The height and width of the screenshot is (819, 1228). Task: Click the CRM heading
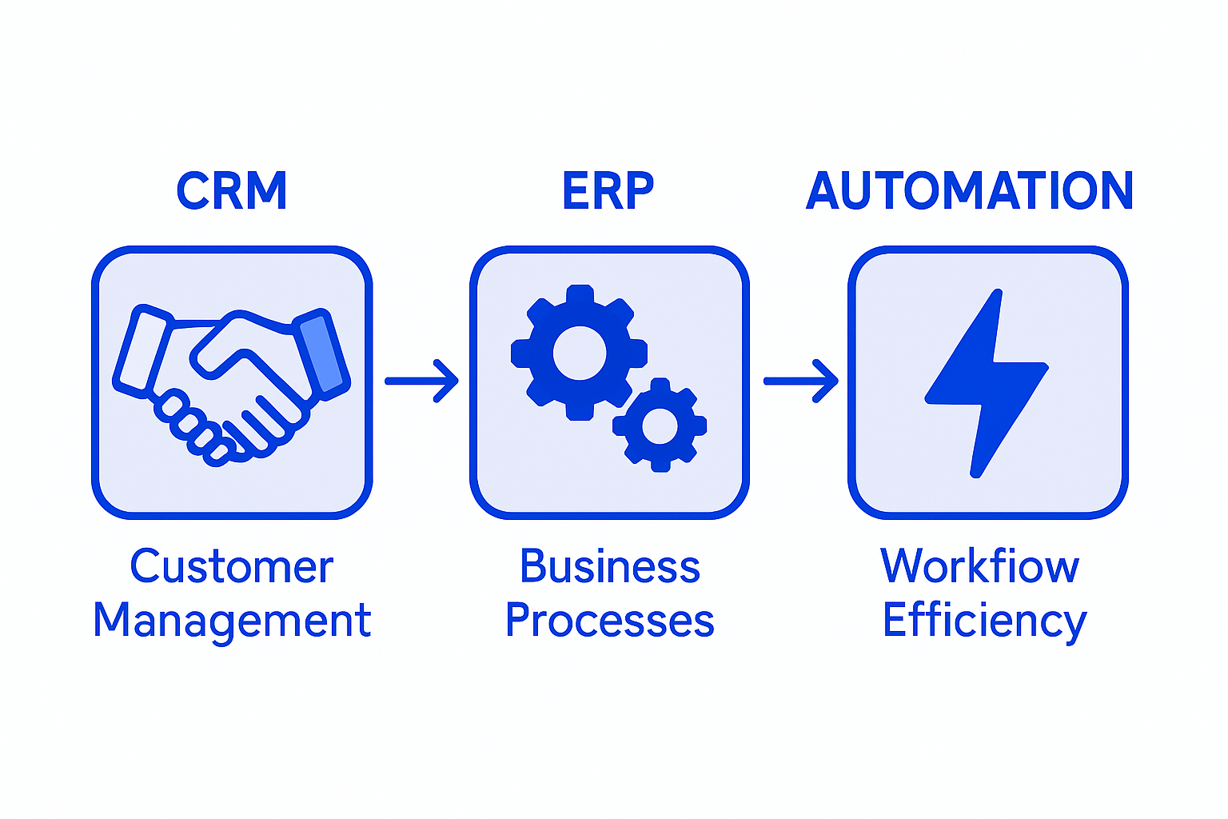(231, 191)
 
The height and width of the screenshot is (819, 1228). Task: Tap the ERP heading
(608, 191)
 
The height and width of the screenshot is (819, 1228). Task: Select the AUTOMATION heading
(969, 191)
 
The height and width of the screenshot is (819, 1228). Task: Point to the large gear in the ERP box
(579, 352)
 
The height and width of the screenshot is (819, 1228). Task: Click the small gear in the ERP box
(660, 425)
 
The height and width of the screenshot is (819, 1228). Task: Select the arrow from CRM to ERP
(421, 381)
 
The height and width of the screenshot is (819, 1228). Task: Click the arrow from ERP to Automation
(800, 381)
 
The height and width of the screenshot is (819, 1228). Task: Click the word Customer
(231, 567)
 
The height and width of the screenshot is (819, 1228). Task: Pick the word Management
(232, 621)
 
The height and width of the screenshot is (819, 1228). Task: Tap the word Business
(609, 567)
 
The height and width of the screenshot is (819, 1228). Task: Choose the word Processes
(609, 621)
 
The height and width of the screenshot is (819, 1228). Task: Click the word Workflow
(979, 567)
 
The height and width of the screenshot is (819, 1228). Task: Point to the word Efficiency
(984, 621)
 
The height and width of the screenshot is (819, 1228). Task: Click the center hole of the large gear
(579, 353)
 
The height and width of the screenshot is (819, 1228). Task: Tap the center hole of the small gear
(660, 426)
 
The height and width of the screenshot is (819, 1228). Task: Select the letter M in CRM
(267, 191)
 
